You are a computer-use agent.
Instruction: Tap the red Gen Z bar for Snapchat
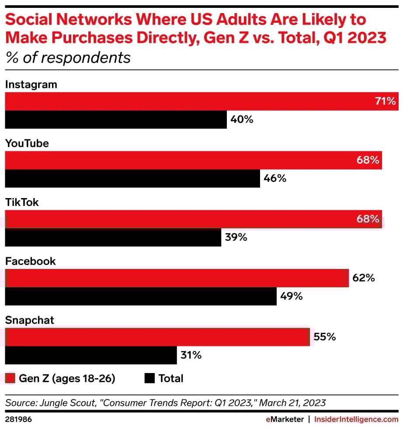(x=157, y=337)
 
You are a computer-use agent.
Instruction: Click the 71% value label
(x=385, y=102)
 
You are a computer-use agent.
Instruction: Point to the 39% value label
(x=236, y=237)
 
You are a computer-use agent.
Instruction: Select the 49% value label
(x=292, y=296)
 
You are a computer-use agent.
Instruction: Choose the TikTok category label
(x=22, y=202)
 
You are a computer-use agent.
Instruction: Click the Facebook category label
(x=30, y=261)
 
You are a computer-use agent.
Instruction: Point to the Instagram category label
(x=31, y=84)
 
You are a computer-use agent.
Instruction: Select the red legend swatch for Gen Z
(x=10, y=378)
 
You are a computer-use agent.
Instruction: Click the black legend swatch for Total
(x=149, y=378)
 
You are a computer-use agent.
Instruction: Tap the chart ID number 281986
(x=18, y=419)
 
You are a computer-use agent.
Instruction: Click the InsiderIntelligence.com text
(x=356, y=419)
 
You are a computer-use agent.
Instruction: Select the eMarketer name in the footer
(x=285, y=419)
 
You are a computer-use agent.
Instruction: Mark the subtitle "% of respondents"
(x=68, y=58)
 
